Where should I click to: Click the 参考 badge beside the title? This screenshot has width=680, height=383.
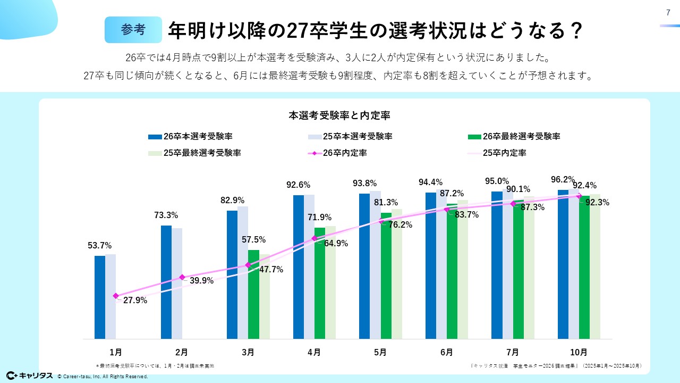point(133,30)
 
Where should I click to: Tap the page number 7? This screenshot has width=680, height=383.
point(667,13)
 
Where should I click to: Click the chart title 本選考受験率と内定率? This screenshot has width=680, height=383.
point(340,114)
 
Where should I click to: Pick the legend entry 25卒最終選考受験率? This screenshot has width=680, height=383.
point(202,153)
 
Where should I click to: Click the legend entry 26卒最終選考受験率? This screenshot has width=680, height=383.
point(521,137)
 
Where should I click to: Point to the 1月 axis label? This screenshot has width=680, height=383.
point(115,352)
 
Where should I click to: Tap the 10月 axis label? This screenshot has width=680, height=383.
point(579,352)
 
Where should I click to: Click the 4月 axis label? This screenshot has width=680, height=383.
point(314,352)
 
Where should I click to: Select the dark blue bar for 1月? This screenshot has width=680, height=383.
point(100,297)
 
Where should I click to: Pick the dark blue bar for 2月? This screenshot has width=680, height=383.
point(166,282)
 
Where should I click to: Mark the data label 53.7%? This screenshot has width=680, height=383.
point(99,246)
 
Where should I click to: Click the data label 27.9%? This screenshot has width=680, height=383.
point(135,301)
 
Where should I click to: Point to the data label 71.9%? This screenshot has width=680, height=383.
point(320,218)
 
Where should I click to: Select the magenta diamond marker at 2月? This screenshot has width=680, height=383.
point(182,277)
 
